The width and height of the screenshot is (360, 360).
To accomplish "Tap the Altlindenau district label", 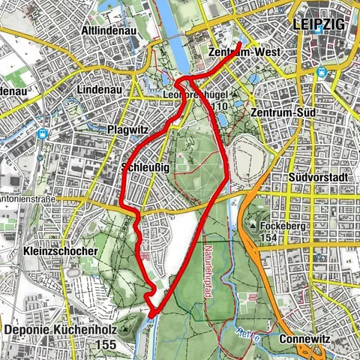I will coord(112,31).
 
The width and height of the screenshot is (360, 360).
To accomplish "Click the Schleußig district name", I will coord(145,166).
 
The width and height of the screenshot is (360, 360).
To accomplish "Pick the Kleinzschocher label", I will coord(60,251).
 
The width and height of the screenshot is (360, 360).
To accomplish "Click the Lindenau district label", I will coord(99,89).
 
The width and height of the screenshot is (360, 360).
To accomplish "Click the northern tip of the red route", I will coord(240,43).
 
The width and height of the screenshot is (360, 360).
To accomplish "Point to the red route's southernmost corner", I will coord(152,316).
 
